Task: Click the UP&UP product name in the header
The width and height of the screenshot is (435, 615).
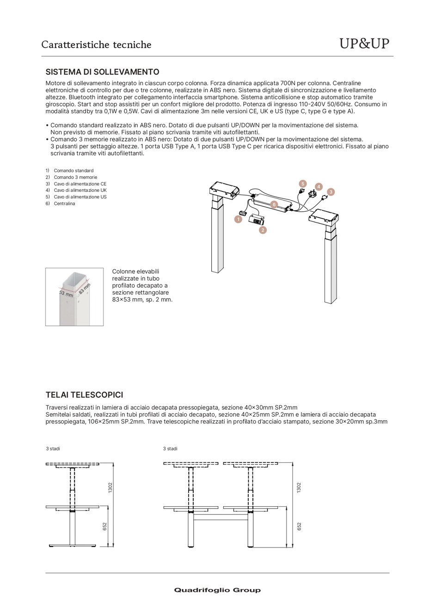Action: pos(364,43)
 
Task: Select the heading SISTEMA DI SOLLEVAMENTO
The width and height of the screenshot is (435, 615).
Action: pos(102,72)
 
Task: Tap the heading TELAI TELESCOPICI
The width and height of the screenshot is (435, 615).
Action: pos(84,395)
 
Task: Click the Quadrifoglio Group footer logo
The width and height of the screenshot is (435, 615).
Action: pos(217,590)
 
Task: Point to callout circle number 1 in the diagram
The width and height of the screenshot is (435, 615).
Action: pos(238,219)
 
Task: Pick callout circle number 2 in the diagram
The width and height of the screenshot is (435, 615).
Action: pos(263,230)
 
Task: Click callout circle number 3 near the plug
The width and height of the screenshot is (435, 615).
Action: pos(331,192)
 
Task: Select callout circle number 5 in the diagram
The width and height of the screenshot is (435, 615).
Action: pos(303,184)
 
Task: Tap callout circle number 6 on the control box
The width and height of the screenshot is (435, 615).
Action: pos(274,204)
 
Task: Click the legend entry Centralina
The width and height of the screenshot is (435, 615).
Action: pos(64,203)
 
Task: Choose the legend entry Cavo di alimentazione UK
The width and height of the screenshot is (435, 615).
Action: pos(80,190)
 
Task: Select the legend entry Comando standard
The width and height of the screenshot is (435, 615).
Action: pos(74,171)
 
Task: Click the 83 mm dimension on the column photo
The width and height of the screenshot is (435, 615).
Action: pos(84,289)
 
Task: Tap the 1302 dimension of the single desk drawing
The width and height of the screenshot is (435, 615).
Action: pos(110,487)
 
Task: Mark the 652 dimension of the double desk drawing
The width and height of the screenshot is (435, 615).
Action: pos(299,527)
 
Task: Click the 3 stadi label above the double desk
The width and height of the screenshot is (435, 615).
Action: pos(170,449)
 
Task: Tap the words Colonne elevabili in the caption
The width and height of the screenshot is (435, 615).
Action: pos(135,271)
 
